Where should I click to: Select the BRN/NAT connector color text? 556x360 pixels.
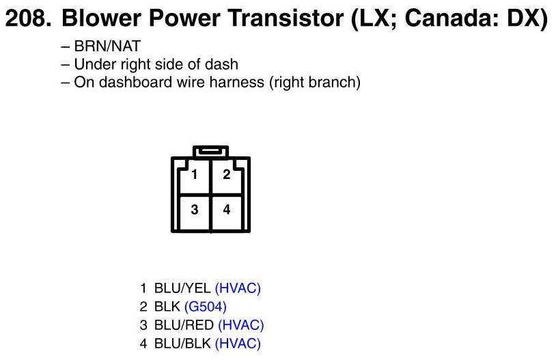(x=107, y=46)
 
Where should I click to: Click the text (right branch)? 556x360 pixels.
(x=315, y=83)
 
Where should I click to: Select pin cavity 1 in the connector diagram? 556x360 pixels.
(x=195, y=177)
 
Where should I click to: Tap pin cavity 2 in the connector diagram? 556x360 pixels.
(x=227, y=177)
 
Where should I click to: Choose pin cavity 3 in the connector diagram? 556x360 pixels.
(x=195, y=212)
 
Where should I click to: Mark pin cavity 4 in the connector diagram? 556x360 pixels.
(x=227, y=212)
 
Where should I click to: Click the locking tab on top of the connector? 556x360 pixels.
(x=210, y=152)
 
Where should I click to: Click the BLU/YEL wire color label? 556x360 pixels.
(x=182, y=288)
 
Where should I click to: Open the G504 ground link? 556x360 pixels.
(x=206, y=307)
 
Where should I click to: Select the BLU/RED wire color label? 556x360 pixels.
(x=184, y=325)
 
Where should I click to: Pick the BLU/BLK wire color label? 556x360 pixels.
(x=182, y=344)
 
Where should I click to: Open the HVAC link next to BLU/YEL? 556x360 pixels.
(x=238, y=288)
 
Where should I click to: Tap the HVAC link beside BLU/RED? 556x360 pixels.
(x=241, y=325)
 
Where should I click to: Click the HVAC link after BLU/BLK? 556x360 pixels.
(x=238, y=344)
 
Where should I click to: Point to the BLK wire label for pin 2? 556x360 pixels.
(x=167, y=307)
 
